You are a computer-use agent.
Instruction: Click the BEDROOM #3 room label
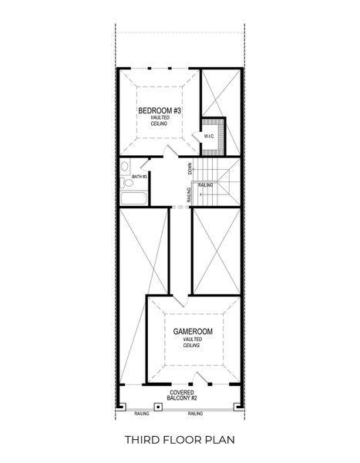pyautogui.click(x=160, y=111)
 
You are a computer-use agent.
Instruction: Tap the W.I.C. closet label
pyautogui.click(x=209, y=137)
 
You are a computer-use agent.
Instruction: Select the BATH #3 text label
pyautogui.click(x=140, y=177)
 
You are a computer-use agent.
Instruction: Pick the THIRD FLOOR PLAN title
pyautogui.click(x=180, y=440)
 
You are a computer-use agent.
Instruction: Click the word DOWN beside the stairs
pyautogui.click(x=190, y=168)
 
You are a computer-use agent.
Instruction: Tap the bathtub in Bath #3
pyautogui.click(x=134, y=198)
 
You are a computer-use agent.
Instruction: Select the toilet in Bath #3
pyautogui.click(x=128, y=183)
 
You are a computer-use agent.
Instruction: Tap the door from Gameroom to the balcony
pyautogui.click(x=201, y=379)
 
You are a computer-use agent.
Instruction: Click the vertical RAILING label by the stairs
pyautogui.click(x=190, y=194)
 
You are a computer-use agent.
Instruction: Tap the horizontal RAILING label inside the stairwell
pyautogui.click(x=206, y=185)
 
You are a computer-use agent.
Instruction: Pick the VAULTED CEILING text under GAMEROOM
pyautogui.click(x=193, y=343)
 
